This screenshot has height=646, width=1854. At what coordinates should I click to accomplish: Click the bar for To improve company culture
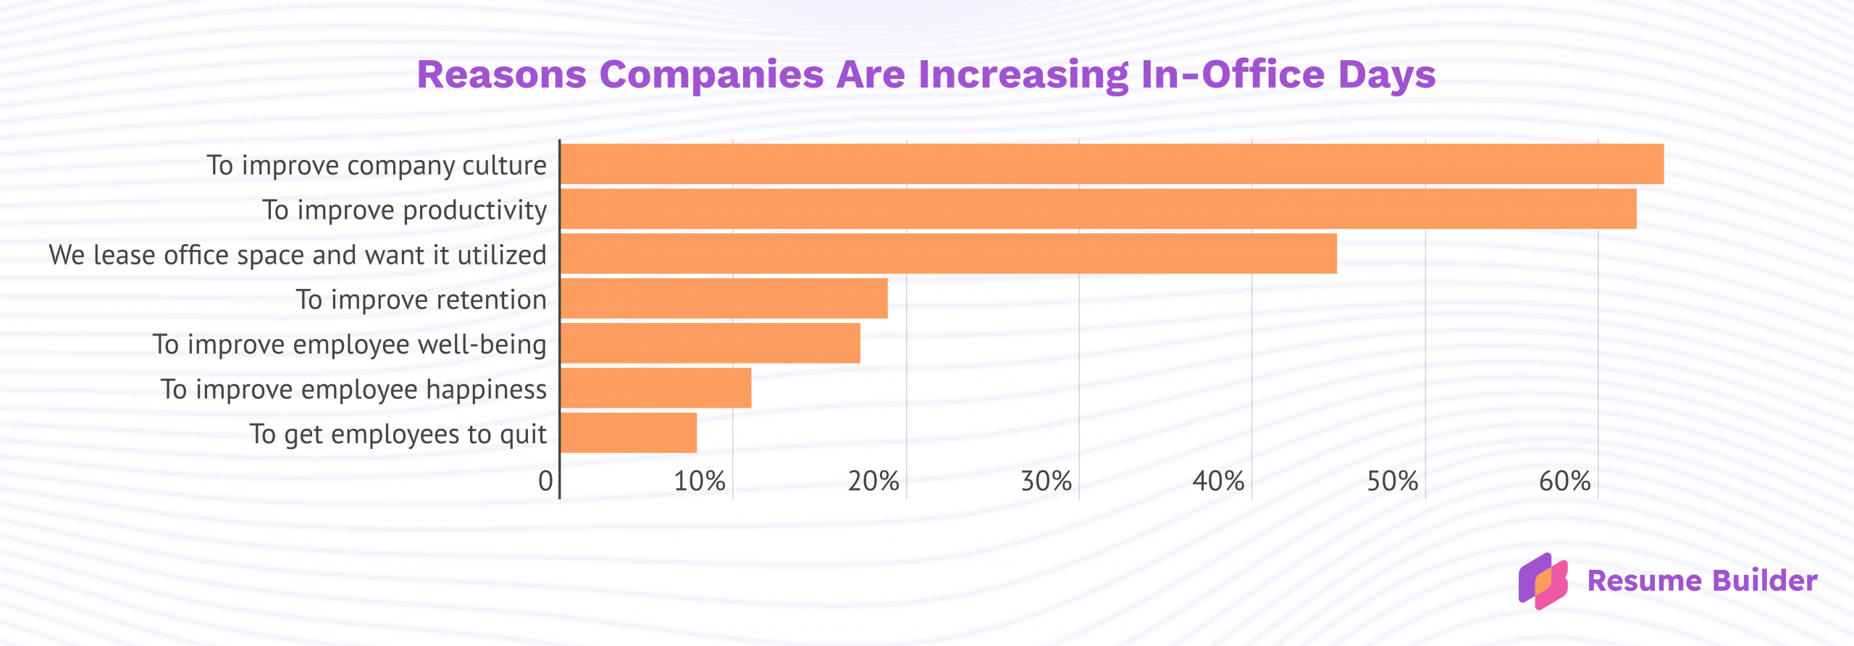click(1112, 164)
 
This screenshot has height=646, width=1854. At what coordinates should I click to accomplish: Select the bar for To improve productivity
click(1098, 209)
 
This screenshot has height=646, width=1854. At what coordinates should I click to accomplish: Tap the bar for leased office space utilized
click(948, 253)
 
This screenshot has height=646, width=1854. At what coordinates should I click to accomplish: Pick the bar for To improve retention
click(723, 298)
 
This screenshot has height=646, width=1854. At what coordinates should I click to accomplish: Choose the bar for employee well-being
click(710, 343)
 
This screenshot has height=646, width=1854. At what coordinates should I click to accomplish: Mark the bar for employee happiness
click(655, 388)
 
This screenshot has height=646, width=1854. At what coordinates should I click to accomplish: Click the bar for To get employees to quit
click(629, 433)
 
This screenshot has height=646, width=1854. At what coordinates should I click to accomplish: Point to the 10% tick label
click(700, 481)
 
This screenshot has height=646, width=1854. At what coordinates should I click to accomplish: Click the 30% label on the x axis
click(1046, 481)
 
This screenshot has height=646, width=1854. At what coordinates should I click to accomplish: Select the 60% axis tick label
click(1564, 481)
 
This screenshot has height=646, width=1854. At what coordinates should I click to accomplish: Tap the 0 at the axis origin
click(545, 481)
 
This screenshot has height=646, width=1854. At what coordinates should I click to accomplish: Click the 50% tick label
click(1392, 481)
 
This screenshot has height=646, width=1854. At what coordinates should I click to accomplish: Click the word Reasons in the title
click(501, 75)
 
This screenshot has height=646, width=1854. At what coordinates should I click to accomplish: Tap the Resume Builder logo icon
click(1543, 581)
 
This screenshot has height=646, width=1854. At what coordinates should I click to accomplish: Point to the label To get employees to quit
click(398, 435)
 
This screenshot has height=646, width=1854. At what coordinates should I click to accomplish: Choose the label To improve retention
click(421, 300)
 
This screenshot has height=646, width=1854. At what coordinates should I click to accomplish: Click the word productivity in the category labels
click(474, 211)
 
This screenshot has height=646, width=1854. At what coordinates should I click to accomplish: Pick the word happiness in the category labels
click(486, 390)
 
